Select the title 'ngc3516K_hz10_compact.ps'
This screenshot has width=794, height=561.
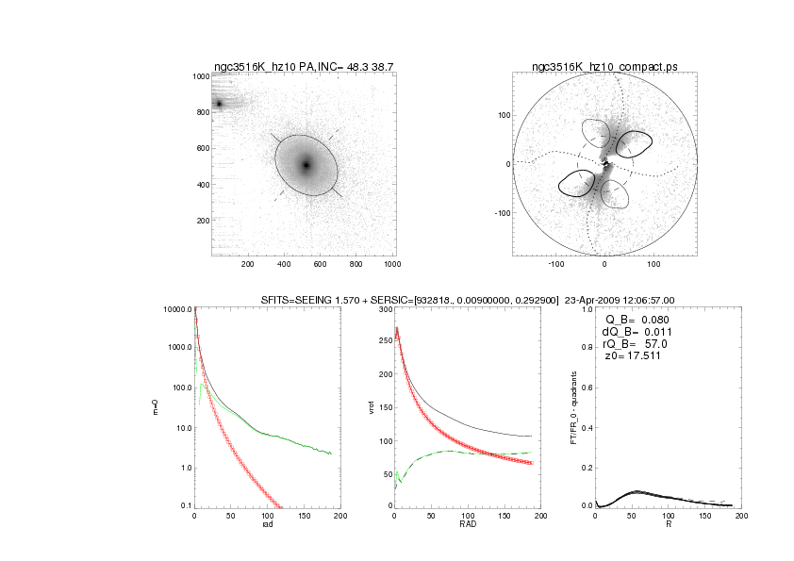[604, 66]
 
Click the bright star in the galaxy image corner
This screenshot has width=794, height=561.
[219, 104]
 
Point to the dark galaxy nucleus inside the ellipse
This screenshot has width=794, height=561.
[306, 165]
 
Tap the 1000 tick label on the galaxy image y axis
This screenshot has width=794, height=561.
[200, 76]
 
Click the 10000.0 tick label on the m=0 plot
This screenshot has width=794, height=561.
[177, 309]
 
